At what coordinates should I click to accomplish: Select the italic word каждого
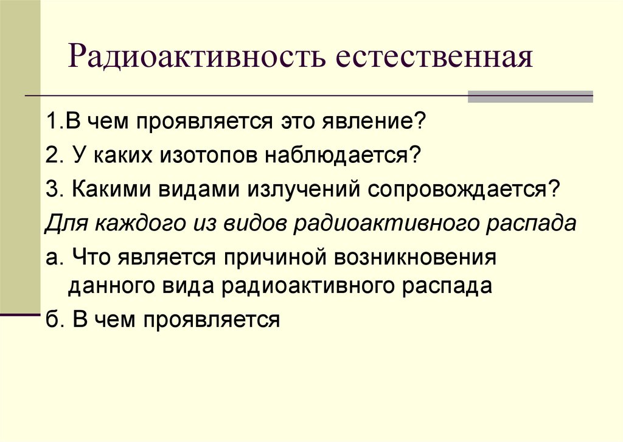point(131,223)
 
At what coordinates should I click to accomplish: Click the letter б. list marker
point(54,319)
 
